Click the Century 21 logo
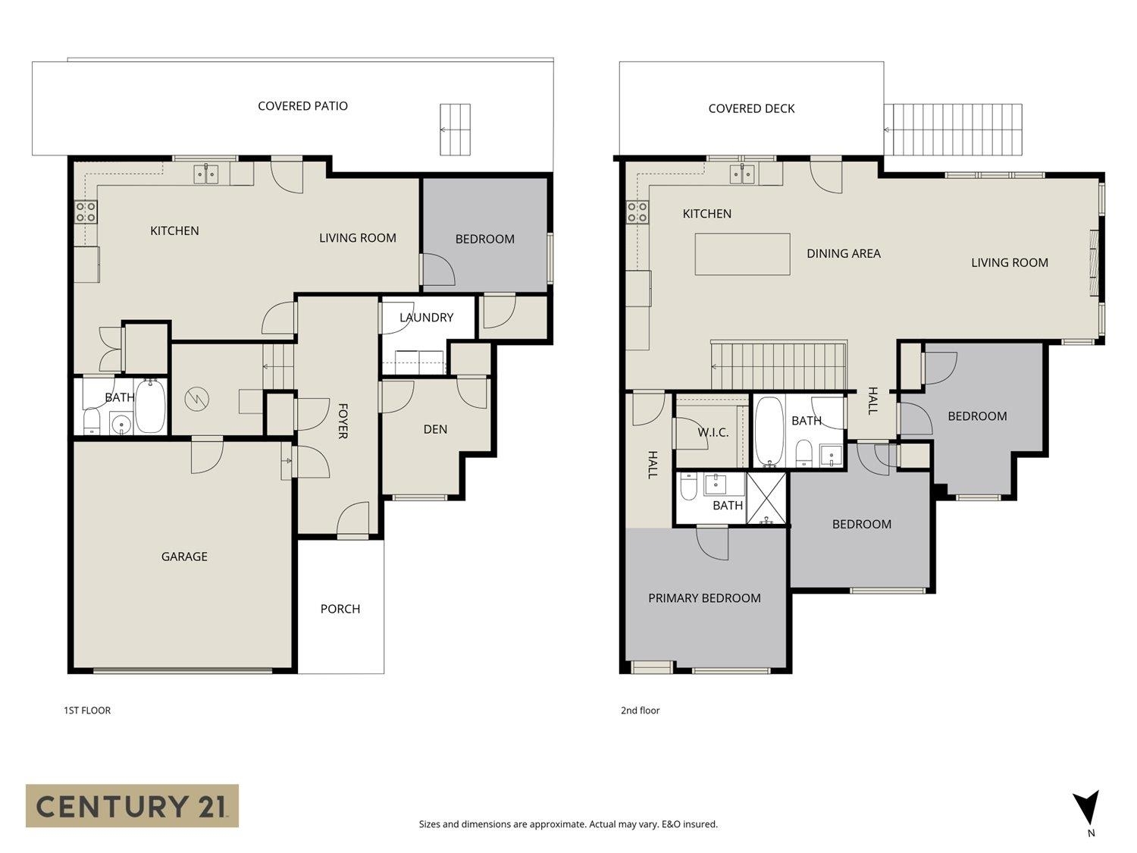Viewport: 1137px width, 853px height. [x=132, y=805]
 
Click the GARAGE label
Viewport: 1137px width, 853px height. [x=184, y=557]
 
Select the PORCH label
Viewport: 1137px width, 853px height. [x=340, y=609]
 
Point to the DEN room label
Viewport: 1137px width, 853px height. [x=435, y=429]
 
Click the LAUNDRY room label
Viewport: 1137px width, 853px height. [x=426, y=318]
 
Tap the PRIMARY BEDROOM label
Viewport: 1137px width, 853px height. [x=704, y=598]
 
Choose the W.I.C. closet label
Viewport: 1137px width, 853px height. [x=713, y=432]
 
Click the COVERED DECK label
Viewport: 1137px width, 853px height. [x=751, y=108]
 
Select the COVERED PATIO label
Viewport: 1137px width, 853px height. [x=302, y=106]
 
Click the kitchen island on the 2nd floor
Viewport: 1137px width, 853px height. [x=742, y=254]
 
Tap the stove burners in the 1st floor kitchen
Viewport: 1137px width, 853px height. [x=86, y=212]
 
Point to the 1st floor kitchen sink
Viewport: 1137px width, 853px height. [x=206, y=174]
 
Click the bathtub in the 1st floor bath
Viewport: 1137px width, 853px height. [x=150, y=406]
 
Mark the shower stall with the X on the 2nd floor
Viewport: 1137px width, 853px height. [x=767, y=498]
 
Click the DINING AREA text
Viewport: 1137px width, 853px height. [x=843, y=254]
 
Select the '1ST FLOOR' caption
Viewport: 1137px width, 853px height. [x=87, y=710]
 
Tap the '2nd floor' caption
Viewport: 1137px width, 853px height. [x=640, y=710]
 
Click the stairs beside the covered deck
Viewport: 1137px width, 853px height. [x=954, y=130]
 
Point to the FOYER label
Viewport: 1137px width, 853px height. [x=343, y=422]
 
